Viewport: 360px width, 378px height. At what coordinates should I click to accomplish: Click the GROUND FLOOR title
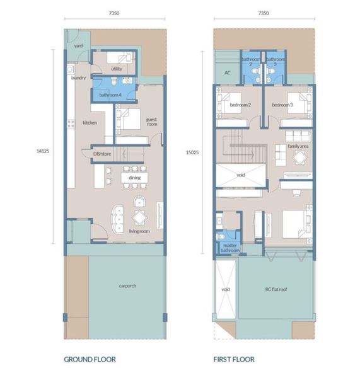tap(90, 359)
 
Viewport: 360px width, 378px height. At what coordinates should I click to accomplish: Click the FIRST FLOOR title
tap(234, 359)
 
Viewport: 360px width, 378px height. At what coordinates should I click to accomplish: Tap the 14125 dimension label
tap(43, 151)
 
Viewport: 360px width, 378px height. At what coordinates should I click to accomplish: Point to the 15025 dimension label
tap(192, 152)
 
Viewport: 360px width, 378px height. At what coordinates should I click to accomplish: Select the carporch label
tap(127, 285)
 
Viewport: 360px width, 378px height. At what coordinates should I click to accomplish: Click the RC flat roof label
tap(276, 289)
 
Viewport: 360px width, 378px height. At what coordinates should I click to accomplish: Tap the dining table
tap(134, 178)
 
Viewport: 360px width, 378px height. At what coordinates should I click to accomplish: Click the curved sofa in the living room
tap(117, 219)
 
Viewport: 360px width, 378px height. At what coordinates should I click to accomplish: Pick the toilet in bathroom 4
tap(114, 81)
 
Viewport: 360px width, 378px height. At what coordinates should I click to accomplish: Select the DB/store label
tap(102, 154)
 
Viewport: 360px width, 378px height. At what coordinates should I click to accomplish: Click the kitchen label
tap(90, 123)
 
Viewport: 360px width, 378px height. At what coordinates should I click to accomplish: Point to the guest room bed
tap(128, 119)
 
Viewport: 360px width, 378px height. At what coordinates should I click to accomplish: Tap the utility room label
tap(117, 69)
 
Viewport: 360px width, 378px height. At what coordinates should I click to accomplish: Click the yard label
tap(78, 45)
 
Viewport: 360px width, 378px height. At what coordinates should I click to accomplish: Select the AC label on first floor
tap(228, 72)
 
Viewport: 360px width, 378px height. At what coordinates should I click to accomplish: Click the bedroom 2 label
tap(240, 105)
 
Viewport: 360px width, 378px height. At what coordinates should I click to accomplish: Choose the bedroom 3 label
tap(282, 105)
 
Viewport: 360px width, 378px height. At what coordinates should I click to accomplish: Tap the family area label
tap(298, 146)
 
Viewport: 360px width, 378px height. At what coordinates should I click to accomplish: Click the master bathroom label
tap(230, 248)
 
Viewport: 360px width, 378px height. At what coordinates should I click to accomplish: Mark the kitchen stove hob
tap(71, 124)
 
